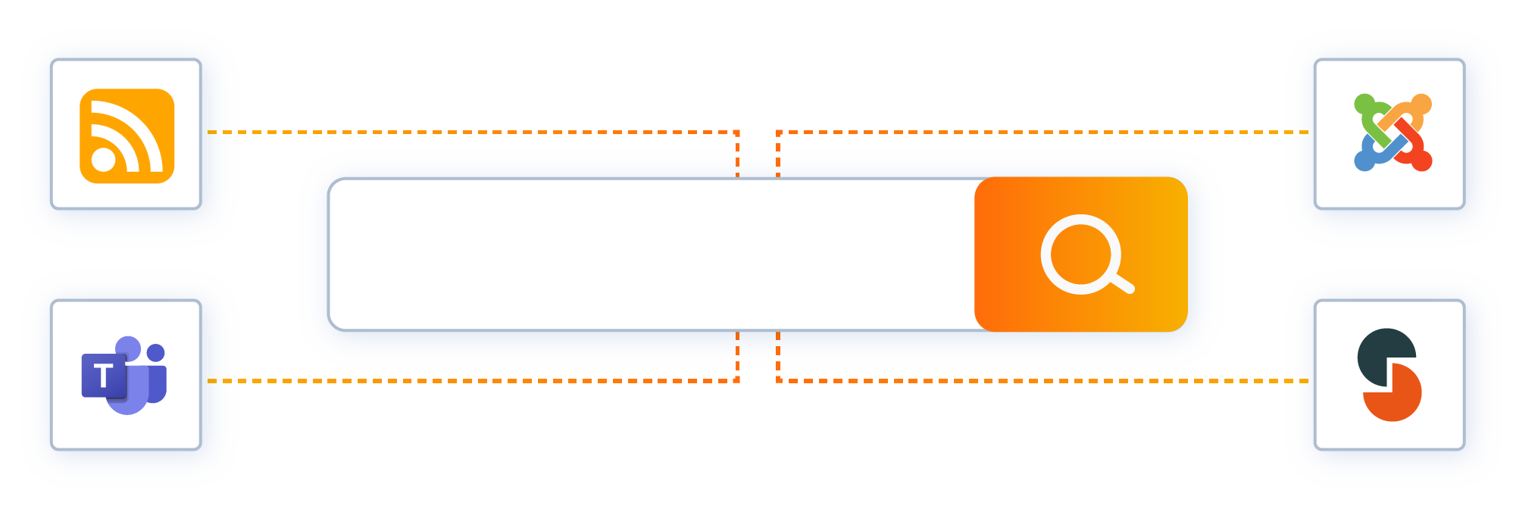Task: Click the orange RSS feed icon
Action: (127, 136)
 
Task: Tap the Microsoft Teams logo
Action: (125, 376)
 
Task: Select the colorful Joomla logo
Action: (1393, 133)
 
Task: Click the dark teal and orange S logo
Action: (1389, 375)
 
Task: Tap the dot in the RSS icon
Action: (104, 160)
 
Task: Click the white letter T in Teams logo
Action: (104, 375)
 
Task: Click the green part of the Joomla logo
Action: (1368, 114)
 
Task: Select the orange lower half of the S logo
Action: (1398, 398)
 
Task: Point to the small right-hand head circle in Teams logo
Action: (156, 353)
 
